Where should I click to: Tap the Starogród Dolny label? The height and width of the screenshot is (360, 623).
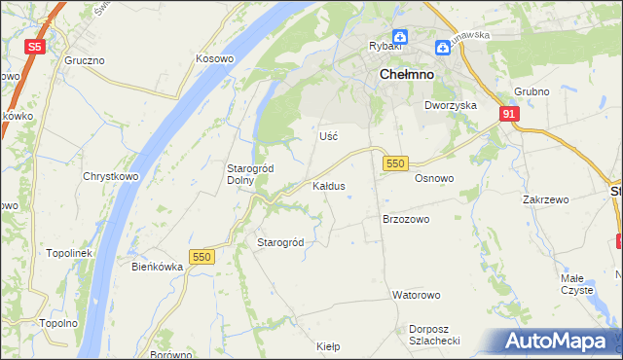(250, 173)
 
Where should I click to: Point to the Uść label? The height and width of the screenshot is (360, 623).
(328, 136)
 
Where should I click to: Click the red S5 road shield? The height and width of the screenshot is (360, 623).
(35, 46)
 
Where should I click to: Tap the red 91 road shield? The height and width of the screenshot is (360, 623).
(509, 114)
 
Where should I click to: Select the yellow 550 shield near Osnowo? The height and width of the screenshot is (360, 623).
(394, 164)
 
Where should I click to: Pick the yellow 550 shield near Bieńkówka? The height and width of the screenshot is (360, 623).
(202, 256)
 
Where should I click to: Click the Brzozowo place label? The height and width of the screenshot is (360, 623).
(406, 220)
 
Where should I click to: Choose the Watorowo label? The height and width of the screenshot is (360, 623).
(417, 294)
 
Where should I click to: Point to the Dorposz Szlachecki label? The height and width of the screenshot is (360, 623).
(434, 334)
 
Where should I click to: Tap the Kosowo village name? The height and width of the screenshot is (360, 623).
(214, 58)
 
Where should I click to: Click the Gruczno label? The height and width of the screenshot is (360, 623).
(85, 59)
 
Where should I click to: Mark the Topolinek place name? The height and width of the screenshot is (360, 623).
(68, 253)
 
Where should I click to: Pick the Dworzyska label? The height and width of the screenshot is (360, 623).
(450, 104)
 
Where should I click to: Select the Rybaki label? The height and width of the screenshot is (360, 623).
(385, 46)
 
